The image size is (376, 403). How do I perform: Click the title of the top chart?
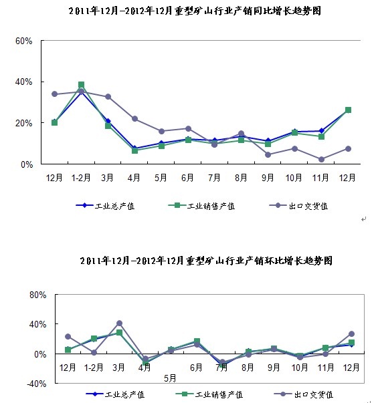[195, 11]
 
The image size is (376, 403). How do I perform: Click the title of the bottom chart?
[206, 261]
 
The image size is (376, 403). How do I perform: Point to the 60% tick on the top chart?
[23, 41]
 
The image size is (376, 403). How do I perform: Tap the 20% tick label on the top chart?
[23, 123]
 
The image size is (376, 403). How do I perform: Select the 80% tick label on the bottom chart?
[38, 295]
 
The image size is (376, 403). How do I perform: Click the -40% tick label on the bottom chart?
[37, 384]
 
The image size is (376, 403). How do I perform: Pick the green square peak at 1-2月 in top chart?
[82, 85]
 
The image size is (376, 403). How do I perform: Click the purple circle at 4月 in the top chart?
[135, 119]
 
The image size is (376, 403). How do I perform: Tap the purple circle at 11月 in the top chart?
[321, 159]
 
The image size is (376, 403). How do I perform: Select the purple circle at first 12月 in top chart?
[55, 94]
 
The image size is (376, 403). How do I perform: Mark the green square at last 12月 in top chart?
[348, 110]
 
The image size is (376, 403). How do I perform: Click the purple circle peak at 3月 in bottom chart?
[119, 323]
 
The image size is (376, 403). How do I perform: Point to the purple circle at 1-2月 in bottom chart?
[94, 353]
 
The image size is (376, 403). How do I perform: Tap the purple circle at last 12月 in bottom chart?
[351, 334]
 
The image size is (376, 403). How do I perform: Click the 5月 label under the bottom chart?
[170, 378]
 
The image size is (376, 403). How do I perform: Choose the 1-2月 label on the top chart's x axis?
[81, 178]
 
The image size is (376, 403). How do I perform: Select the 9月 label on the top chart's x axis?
[268, 178]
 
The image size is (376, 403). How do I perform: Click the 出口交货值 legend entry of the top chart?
[298, 206]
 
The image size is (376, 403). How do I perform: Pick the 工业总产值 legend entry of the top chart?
[105, 206]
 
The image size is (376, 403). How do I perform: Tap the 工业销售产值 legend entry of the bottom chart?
[209, 394]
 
